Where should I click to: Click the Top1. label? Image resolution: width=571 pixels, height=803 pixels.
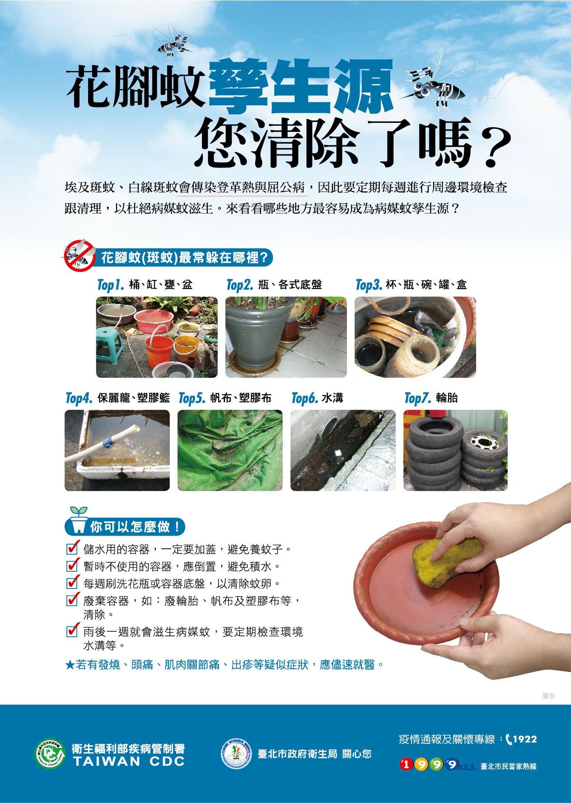[x=110, y=285]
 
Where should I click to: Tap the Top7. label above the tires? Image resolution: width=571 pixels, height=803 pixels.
[x=417, y=398]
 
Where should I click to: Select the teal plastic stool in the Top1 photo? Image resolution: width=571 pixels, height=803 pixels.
[x=109, y=345]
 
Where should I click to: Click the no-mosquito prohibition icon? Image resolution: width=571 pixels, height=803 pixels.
[x=78, y=255]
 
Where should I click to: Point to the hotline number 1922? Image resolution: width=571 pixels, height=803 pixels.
[x=525, y=739]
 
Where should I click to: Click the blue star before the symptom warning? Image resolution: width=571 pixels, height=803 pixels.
[x=70, y=665]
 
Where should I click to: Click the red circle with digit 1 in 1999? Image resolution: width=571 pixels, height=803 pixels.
[x=407, y=764]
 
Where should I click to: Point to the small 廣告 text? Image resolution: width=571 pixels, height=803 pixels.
[x=548, y=696]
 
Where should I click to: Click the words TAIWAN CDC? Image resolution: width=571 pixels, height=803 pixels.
[x=129, y=761]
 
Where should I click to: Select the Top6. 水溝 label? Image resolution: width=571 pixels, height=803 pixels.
[x=317, y=398]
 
